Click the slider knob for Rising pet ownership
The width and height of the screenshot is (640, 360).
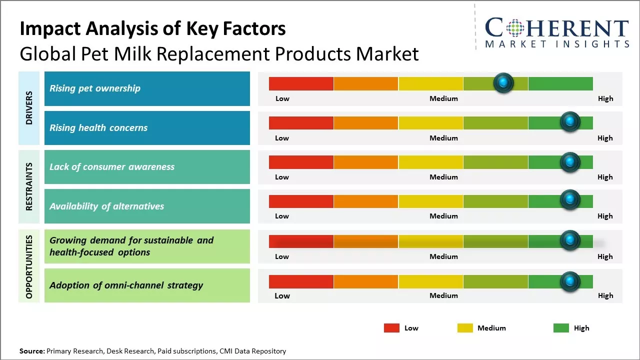[503, 82]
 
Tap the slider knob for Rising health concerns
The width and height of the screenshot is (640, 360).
[569, 121]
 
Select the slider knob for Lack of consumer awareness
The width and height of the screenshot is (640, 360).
[569, 161]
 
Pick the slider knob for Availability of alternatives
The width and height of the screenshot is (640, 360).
[569, 200]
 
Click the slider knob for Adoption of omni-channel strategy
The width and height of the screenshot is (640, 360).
[569, 281]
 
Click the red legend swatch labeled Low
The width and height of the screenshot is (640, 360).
[391, 328]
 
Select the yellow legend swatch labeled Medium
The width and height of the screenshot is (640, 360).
[465, 328]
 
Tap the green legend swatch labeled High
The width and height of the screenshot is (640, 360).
[561, 328]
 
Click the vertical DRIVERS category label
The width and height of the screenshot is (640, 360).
[29, 108]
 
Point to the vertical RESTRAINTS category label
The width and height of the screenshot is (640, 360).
[29, 186]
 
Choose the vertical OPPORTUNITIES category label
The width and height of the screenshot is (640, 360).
[29, 266]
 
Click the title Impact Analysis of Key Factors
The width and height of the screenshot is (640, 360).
[152, 28]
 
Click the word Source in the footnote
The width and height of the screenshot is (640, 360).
[31, 351]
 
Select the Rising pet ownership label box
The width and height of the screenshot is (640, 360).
[147, 88]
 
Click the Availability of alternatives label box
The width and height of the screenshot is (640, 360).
[147, 206]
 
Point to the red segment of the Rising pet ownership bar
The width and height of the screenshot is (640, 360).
[301, 83]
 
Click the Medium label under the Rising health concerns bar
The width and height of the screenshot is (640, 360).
[443, 138]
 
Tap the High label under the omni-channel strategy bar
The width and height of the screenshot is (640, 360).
[605, 295]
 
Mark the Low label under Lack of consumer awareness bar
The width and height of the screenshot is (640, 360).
[282, 177]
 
